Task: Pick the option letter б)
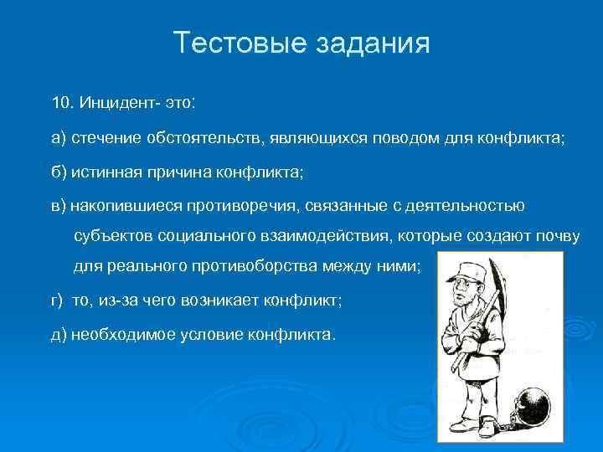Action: tap(59, 172)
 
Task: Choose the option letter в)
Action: tap(59, 205)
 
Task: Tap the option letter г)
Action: tap(58, 300)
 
